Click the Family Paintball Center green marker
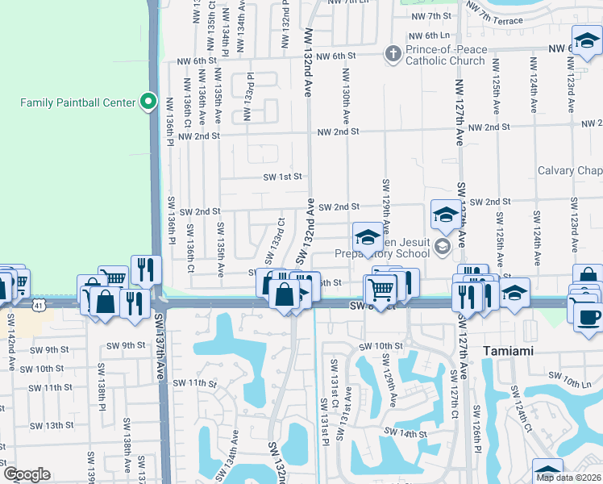(148, 102)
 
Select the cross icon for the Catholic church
(393, 54)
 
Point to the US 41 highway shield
(40, 305)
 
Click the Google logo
(27, 474)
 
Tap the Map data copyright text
(568, 477)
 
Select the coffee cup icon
(588, 315)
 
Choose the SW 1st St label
(282, 177)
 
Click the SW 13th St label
(49, 425)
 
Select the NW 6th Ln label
(428, 35)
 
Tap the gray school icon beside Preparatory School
(442, 246)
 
